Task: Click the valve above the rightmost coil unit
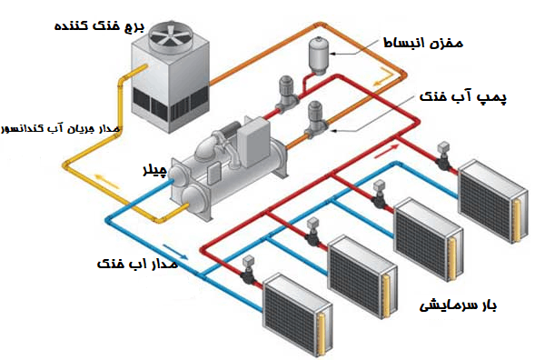(x=444, y=156)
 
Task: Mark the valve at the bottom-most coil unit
(x=248, y=270)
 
